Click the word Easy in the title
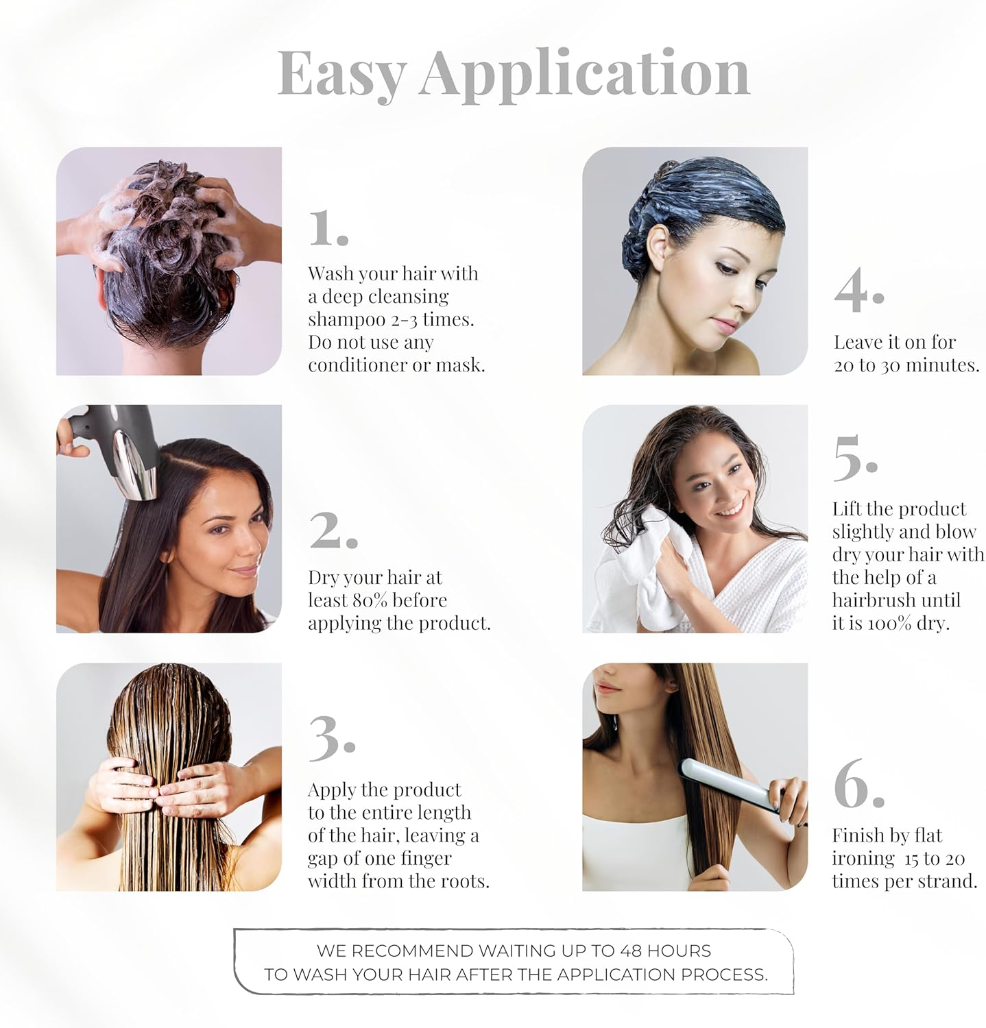(x=341, y=74)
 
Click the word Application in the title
(x=584, y=74)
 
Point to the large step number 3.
(x=330, y=739)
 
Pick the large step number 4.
(x=857, y=291)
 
